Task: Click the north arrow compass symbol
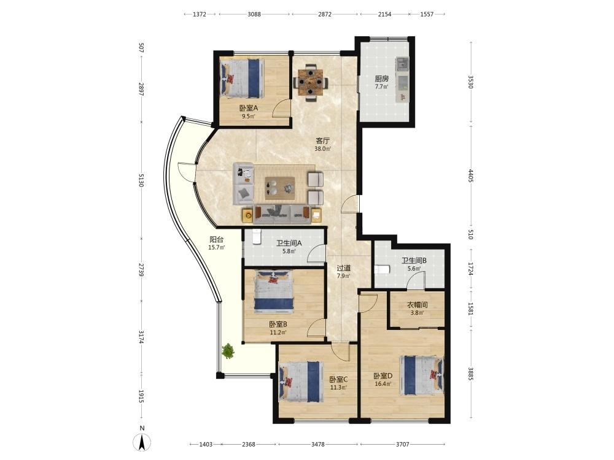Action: coord(142,442)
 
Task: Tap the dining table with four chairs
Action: coord(311,83)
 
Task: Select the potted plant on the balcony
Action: coord(228,351)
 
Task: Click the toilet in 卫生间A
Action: coord(257,237)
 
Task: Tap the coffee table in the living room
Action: coord(279,185)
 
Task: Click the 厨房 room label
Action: coord(381,79)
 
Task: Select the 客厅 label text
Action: coord(323,141)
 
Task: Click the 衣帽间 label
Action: coord(418,305)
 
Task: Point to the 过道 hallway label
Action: coord(344,269)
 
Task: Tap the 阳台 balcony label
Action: coord(217,239)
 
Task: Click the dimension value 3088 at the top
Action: coord(254,14)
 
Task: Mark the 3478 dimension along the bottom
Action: coord(317,444)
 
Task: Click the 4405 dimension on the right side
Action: coord(471,175)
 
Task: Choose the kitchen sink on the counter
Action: coord(402,63)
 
